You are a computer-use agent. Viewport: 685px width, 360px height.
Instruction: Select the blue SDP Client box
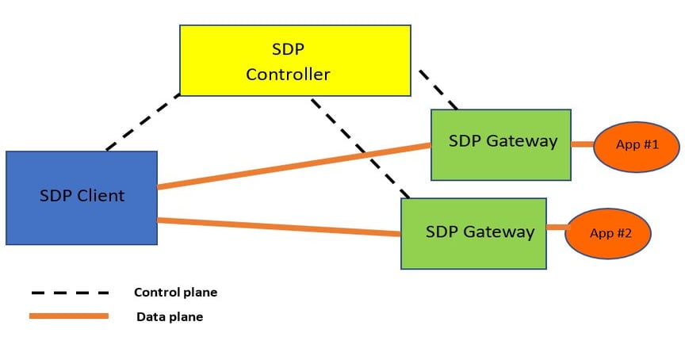click(x=81, y=197)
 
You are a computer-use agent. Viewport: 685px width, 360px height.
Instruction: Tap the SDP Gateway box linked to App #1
click(x=501, y=144)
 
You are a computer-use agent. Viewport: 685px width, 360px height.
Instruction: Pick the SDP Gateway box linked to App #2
click(x=473, y=233)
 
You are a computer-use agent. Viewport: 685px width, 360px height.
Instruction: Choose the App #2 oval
click(x=608, y=234)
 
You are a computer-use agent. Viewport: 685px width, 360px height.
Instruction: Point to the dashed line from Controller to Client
click(x=143, y=122)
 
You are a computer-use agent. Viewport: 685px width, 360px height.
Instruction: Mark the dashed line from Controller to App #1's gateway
click(x=438, y=89)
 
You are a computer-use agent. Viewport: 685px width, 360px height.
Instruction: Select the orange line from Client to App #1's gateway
click(x=293, y=166)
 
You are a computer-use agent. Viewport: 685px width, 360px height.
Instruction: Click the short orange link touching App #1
click(x=583, y=144)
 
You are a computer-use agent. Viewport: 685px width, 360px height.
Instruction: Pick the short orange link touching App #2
click(x=557, y=228)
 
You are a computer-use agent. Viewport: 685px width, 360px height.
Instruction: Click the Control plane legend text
click(x=175, y=293)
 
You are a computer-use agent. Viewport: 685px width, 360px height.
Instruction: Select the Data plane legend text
click(x=170, y=317)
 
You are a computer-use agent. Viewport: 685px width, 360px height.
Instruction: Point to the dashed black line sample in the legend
click(x=69, y=293)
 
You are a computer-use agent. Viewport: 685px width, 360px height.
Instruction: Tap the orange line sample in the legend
click(x=69, y=316)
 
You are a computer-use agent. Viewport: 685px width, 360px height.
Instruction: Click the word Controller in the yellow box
click(x=288, y=75)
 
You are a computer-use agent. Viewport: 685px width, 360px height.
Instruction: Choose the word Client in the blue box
click(x=101, y=196)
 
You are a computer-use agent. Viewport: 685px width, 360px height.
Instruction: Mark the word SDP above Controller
click(x=288, y=48)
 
